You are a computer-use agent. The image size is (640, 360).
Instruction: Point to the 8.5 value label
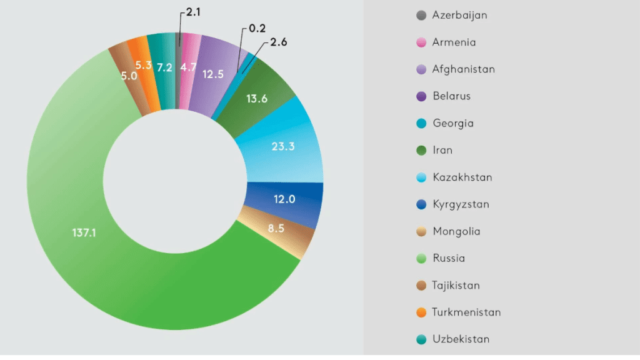276,229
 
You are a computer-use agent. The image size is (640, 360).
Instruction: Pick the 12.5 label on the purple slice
213,74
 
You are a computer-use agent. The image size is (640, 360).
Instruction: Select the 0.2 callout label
257,28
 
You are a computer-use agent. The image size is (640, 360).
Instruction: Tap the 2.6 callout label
279,43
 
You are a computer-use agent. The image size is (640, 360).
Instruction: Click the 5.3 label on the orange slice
144,65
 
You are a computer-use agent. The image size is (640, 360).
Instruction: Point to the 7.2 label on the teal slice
165,67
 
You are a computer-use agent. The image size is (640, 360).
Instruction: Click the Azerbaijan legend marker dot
421,16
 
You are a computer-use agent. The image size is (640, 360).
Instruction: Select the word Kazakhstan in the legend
462,177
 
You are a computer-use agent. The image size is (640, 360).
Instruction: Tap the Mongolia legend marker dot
421,231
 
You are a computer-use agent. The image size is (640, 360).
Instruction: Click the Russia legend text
448,258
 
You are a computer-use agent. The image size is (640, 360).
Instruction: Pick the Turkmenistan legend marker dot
421,312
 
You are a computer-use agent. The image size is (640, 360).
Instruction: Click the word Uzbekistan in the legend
461,339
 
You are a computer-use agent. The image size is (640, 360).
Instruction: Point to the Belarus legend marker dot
421,96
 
